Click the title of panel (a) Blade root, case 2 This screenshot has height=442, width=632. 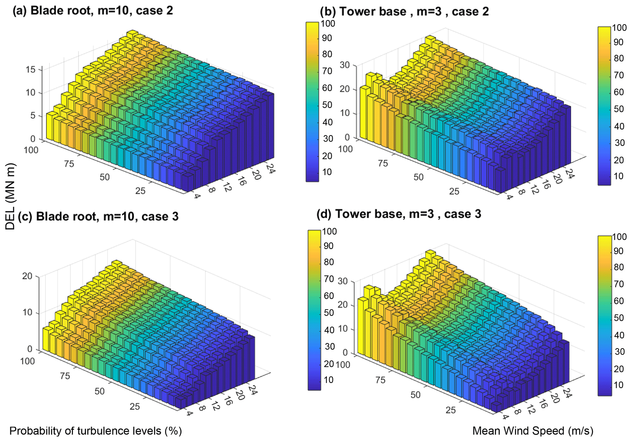pyautogui.click(x=93, y=11)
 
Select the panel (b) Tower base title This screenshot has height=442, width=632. pyautogui.click(x=404, y=12)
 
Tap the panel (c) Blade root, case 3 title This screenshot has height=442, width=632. pyautogui.click(x=98, y=217)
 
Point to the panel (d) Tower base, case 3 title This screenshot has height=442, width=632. pyautogui.click(x=399, y=214)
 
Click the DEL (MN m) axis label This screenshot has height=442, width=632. pyautogui.click(x=10, y=196)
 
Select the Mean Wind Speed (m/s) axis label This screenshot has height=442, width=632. pyautogui.click(x=533, y=431)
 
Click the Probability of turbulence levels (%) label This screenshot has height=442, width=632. pyautogui.click(x=95, y=431)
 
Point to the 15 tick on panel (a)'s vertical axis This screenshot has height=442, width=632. pyautogui.click(x=31, y=69)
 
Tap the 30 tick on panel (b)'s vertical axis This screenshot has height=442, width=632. pyautogui.click(x=345, y=65)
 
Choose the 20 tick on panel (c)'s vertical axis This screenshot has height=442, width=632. pyautogui.click(x=27, y=276)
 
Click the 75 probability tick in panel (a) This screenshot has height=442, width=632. pyautogui.click(x=69, y=164)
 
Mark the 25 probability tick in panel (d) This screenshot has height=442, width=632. pyautogui.click(x=451, y=410)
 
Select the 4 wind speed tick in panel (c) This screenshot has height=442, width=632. pyautogui.click(x=189, y=413)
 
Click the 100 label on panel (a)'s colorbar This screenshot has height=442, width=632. pyautogui.click(x=327, y=24)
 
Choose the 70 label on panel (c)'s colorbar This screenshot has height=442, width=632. pyautogui.click(x=329, y=279)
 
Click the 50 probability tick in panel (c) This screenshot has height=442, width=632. pyautogui.click(x=100, y=391)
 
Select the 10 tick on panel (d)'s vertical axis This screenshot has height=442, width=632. pyautogui.click(x=343, y=329)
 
